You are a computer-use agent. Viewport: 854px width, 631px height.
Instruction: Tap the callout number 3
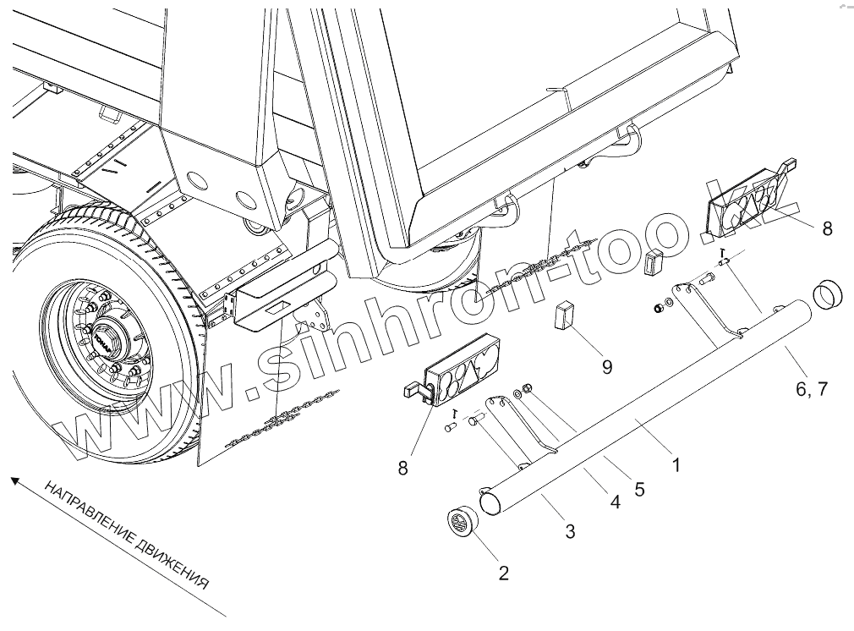tap(570, 531)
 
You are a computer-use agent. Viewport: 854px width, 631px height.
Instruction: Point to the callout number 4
tap(615, 502)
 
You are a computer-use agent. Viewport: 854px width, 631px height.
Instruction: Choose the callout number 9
tap(606, 365)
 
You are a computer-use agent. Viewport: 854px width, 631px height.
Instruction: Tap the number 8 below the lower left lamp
tap(402, 467)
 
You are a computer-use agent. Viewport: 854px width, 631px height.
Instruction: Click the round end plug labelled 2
tap(462, 522)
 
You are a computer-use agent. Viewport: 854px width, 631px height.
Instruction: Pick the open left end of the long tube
tap(490, 502)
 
